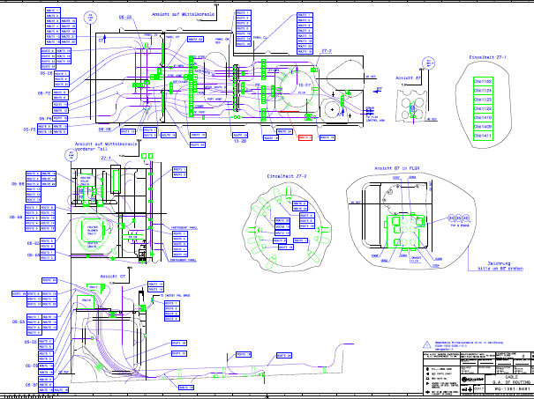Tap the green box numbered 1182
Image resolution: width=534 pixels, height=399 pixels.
click(x=483, y=81)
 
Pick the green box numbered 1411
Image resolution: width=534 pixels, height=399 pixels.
click(x=483, y=137)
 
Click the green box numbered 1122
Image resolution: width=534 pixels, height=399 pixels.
click(x=483, y=109)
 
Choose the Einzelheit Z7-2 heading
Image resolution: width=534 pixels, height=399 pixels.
click(x=285, y=177)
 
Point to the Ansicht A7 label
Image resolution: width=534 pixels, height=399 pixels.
click(x=409, y=78)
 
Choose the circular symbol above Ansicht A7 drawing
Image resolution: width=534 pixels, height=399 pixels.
click(x=429, y=63)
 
